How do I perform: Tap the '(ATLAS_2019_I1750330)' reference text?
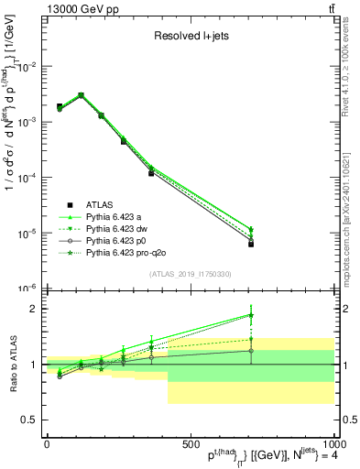click(x=190, y=274)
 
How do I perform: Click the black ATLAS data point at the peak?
click(x=81, y=95)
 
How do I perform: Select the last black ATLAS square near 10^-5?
click(x=251, y=244)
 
